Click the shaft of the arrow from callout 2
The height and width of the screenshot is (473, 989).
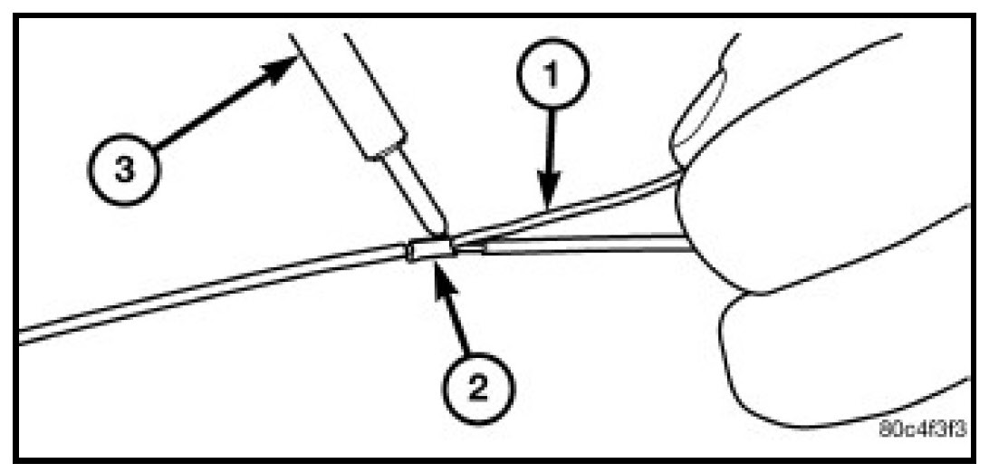[x=458, y=322]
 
